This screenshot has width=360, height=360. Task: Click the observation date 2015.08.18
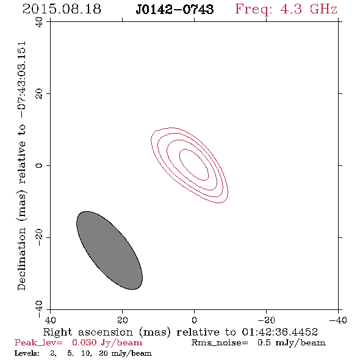click(62, 9)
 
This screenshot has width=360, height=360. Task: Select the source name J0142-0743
click(175, 9)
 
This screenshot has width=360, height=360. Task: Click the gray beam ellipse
click(109, 251)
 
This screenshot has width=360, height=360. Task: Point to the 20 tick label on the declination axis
click(39, 94)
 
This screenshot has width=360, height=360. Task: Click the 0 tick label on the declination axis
click(39, 165)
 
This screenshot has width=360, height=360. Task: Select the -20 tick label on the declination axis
click(39, 237)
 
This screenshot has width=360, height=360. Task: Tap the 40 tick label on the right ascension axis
click(50, 320)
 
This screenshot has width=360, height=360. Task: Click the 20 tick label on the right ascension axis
click(122, 320)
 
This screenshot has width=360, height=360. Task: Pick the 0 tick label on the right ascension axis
click(194, 320)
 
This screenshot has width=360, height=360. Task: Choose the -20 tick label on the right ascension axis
click(266, 320)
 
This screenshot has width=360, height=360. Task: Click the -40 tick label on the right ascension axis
click(338, 320)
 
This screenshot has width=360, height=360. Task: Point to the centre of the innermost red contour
click(194, 165)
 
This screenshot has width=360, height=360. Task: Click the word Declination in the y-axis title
click(21, 259)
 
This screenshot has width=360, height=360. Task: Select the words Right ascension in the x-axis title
click(88, 332)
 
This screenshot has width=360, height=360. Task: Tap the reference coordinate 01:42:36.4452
click(280, 332)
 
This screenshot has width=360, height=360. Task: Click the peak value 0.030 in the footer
click(84, 342)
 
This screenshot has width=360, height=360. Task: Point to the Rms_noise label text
click(220, 343)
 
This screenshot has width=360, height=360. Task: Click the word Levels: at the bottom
click(27, 353)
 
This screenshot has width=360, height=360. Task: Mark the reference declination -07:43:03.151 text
click(22, 80)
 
